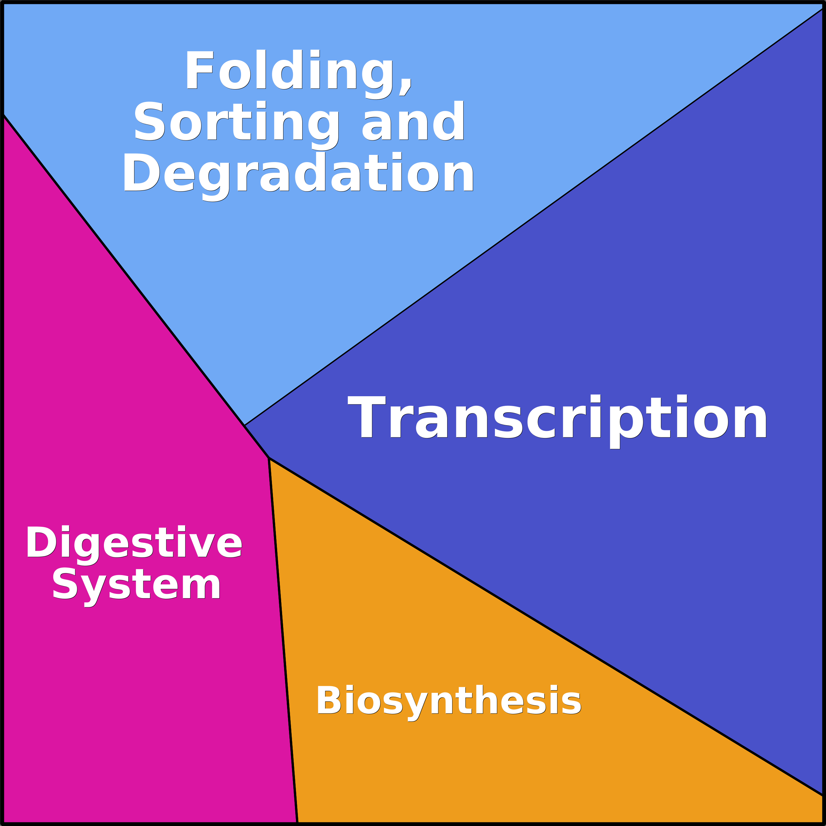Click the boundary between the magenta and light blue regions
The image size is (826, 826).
pyautogui.click(x=124, y=271)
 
